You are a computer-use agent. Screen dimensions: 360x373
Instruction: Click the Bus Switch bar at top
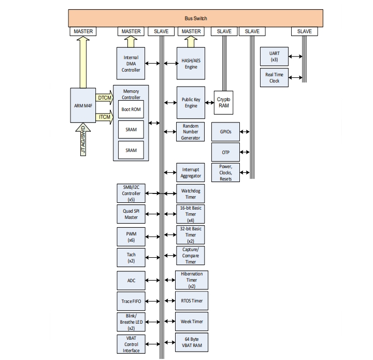[195, 18]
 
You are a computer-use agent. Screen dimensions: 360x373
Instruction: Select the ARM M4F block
[83, 106]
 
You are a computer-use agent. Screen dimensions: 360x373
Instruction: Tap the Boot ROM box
[131, 109]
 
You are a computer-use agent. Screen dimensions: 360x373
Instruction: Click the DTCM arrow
[104, 97]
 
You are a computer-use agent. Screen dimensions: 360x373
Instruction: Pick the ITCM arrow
[104, 117]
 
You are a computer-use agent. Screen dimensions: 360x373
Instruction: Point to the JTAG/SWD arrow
[83, 140]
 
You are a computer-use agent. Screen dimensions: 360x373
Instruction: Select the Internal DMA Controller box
[131, 63]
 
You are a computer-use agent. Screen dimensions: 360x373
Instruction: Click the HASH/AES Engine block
[191, 63]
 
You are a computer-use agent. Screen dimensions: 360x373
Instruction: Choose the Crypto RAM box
[223, 102]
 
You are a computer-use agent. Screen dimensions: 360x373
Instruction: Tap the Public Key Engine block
[191, 102]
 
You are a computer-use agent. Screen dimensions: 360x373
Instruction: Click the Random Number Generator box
[191, 132]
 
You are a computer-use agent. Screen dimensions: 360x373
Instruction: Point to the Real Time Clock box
[274, 78]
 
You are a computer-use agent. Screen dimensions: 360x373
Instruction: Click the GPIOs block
[225, 132]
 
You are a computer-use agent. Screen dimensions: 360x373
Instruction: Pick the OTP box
[225, 151]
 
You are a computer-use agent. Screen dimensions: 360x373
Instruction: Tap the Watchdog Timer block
[191, 194]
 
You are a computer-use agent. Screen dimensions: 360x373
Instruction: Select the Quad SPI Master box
[131, 214]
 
